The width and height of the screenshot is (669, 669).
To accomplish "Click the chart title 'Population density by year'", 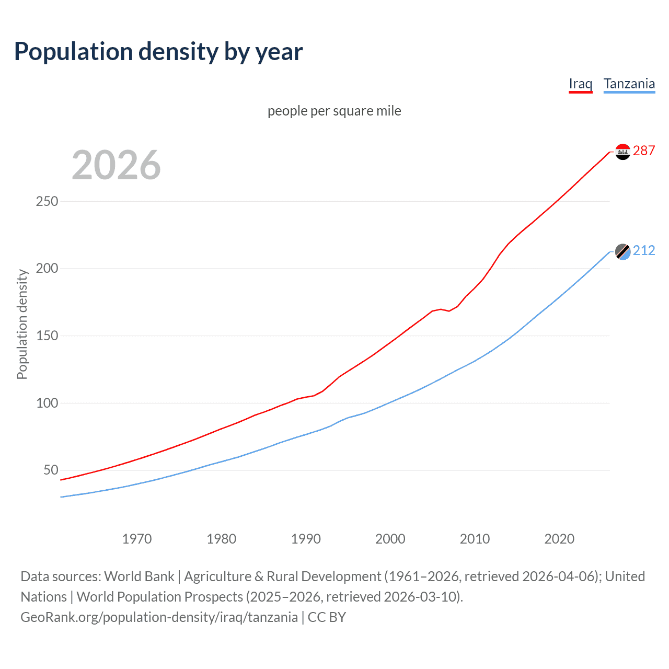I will pyautogui.click(x=158, y=52).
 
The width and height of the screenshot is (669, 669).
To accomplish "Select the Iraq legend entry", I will pyautogui.click(x=580, y=84).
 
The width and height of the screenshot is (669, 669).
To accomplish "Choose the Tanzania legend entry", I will pyautogui.click(x=629, y=84).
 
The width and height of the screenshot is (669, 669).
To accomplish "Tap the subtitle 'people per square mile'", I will pyautogui.click(x=334, y=111).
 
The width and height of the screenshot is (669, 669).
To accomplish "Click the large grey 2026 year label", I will pyautogui.click(x=116, y=165).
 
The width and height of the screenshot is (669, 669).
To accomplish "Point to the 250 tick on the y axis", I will pyautogui.click(x=47, y=201).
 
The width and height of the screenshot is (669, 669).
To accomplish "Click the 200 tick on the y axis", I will pyautogui.click(x=47, y=269).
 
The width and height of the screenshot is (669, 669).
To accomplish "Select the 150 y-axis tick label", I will pyautogui.click(x=47, y=336).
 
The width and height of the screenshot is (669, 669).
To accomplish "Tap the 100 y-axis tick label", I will pyautogui.click(x=47, y=403).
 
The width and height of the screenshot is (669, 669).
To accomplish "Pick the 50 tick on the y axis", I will pyautogui.click(x=51, y=470).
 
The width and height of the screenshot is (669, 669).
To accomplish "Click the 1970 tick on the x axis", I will pyautogui.click(x=137, y=539).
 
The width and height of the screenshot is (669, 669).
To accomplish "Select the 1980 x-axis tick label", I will pyautogui.click(x=221, y=539).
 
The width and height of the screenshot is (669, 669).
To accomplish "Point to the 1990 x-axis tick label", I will pyautogui.click(x=306, y=539).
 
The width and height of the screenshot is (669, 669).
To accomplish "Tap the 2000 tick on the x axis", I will pyautogui.click(x=390, y=539).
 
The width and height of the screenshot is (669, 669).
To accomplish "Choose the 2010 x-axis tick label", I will pyautogui.click(x=475, y=539).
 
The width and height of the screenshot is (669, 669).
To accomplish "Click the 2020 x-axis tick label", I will pyautogui.click(x=559, y=539).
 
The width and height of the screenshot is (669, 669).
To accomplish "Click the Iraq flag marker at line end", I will pyautogui.click(x=622, y=152).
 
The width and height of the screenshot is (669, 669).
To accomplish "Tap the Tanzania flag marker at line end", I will pyautogui.click(x=622, y=251).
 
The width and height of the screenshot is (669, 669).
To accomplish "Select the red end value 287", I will pyautogui.click(x=644, y=151).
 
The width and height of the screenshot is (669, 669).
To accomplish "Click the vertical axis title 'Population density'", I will pyautogui.click(x=22, y=324).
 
